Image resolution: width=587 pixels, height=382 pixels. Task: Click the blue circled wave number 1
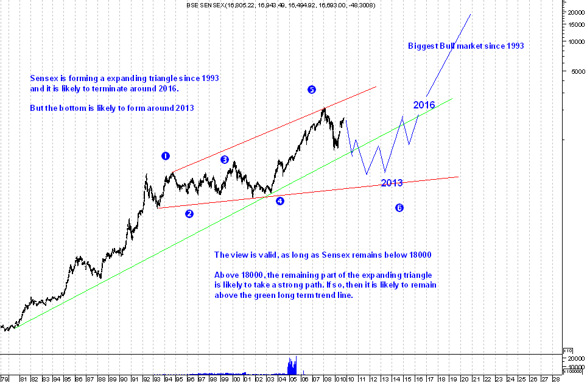coord(165,156)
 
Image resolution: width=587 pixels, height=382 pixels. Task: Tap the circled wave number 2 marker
coord(189,214)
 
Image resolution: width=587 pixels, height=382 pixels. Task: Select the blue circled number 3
coord(224,160)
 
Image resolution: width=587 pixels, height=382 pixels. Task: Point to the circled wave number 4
coord(279,200)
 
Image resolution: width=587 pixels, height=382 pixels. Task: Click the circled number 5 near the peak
coord(311,90)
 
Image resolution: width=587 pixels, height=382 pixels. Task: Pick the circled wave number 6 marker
coord(399,208)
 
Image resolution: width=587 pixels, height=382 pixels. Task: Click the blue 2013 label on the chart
coord(392,183)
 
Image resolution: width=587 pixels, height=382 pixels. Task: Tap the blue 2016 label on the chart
coord(424,105)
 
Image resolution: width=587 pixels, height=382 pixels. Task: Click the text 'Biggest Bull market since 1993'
coord(466,46)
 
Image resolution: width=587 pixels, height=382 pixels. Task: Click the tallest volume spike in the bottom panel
coord(296,364)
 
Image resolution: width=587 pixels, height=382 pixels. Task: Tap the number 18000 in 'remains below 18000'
coord(421,255)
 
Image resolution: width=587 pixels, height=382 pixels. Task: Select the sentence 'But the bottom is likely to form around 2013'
coord(112,108)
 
